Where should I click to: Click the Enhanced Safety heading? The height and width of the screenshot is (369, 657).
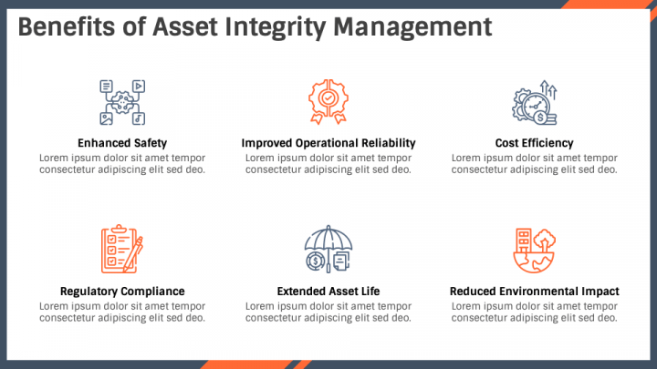click(122, 143)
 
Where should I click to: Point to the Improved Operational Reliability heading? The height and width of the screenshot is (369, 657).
click(328, 143)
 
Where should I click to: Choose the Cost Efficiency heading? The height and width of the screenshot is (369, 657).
click(535, 143)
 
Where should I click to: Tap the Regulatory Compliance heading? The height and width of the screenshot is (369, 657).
click(122, 292)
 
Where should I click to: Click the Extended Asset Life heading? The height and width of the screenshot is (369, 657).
click(328, 292)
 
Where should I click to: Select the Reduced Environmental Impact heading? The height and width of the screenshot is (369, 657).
click(535, 292)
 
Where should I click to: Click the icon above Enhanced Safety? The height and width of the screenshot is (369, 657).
click(122, 101)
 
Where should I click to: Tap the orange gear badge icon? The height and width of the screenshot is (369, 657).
click(328, 101)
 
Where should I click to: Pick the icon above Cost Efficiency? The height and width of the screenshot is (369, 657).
click(535, 102)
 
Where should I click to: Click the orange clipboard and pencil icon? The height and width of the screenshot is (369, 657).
click(122, 250)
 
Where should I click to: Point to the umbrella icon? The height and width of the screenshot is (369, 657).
click(328, 250)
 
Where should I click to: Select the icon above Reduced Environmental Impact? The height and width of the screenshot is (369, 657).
click(535, 250)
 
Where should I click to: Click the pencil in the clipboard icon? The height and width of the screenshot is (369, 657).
click(136, 255)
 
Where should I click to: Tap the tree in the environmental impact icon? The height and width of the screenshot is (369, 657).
click(544, 239)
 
